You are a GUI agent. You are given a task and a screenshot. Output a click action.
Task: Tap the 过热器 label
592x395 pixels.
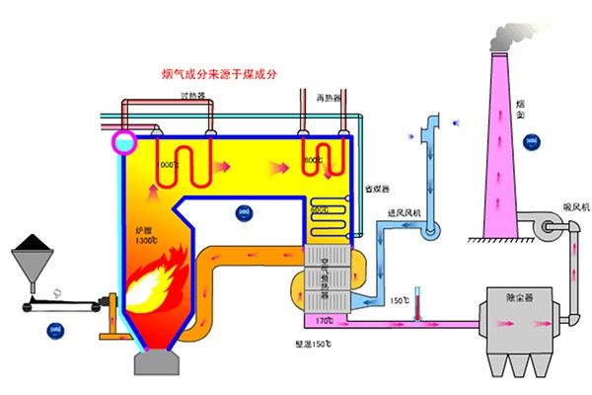tap(192, 96)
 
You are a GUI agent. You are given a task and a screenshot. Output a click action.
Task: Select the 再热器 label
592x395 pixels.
tap(329, 99)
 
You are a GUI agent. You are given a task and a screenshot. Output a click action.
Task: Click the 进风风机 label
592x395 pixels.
tap(405, 212)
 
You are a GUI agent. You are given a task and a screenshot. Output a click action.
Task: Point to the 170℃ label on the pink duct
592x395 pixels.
tap(324, 321)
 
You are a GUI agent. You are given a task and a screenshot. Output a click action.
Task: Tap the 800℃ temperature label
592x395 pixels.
tap(314, 160)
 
